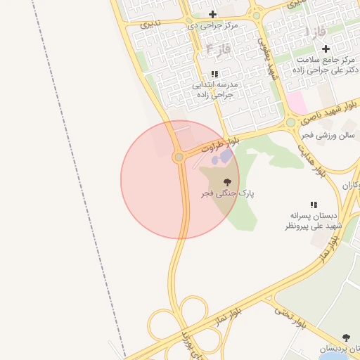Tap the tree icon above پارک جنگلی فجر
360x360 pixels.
click(226, 181)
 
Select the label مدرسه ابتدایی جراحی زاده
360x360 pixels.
click(216, 88)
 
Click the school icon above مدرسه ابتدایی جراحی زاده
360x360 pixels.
click(214, 73)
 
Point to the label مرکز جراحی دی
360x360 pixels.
click(212, 25)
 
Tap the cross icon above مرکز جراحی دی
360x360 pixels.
click(212, 14)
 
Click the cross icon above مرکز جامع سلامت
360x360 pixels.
click(326, 49)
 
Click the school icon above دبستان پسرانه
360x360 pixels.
click(314, 205)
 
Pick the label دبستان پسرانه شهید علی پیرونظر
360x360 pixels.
click(314, 221)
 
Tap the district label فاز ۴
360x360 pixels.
click(219, 49)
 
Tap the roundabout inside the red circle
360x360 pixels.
click(179, 157)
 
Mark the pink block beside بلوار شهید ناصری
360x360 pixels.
click(296, 104)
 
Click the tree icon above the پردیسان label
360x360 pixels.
click(345, 338)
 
